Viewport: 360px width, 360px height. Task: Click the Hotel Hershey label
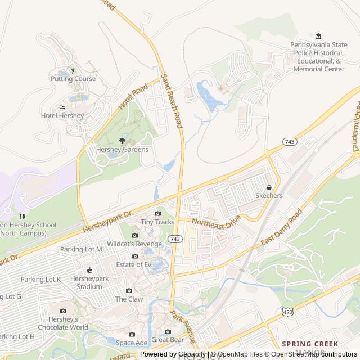(x=62, y=116)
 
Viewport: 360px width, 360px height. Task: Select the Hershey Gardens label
(x=122, y=149)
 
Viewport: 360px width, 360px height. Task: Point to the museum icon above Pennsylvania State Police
(x=318, y=37)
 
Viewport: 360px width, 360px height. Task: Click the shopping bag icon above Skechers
(x=269, y=187)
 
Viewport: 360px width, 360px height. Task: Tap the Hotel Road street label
(x=133, y=96)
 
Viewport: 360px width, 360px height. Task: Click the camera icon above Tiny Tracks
(x=157, y=213)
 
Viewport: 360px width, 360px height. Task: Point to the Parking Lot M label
(x=81, y=249)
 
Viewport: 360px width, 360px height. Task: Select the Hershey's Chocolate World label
(x=63, y=323)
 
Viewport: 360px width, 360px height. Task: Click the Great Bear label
(x=168, y=340)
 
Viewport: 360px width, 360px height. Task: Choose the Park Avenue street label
(x=183, y=327)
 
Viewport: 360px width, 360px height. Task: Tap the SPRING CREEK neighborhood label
(x=310, y=344)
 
